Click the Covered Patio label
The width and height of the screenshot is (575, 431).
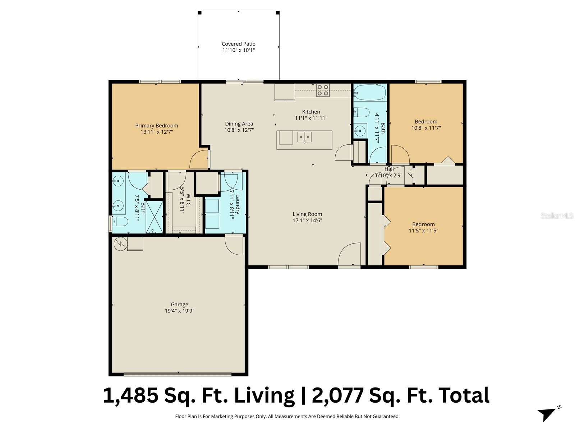238,44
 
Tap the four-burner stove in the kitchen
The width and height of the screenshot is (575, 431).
322,90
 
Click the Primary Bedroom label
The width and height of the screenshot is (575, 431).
156,126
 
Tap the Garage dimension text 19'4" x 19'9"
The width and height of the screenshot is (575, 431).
179,311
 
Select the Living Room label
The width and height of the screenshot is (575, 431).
307,214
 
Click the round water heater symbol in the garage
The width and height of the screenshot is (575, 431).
120,244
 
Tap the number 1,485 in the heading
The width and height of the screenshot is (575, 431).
131,395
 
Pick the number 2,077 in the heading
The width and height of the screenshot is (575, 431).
337,395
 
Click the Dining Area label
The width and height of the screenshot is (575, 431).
239,124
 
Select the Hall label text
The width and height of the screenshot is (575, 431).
389,169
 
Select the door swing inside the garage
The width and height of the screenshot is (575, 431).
234,246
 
